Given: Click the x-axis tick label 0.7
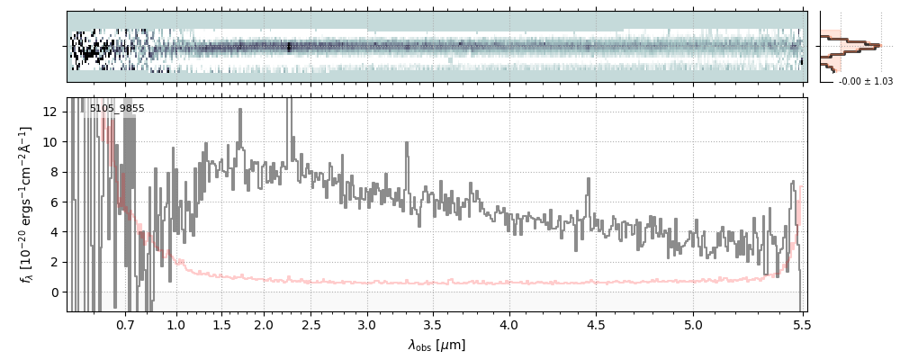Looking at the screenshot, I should pos(125,324).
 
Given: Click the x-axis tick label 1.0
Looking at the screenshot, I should pos(176,324).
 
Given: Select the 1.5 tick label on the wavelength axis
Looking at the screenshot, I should pos(221,324).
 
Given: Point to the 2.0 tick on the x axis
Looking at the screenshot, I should pos(264,324).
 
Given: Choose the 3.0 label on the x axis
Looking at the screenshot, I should pos(367,324).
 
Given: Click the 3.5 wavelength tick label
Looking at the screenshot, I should pos(433,324).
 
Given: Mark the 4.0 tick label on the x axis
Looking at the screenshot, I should pos(509,324).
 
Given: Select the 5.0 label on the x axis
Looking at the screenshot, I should pos(694,324).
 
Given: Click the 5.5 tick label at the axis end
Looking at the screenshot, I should pos(800,324).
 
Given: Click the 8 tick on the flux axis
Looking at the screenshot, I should pos(57,172).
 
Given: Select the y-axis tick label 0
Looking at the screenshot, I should pos(57,292).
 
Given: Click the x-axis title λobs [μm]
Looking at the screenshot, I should pos(436,346).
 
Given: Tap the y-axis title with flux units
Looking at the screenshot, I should pos(26,204).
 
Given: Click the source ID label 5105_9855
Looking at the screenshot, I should pos(117,109).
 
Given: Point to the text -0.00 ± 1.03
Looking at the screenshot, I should pos(865,81).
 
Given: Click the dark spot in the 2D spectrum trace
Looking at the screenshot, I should pos(288,47).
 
